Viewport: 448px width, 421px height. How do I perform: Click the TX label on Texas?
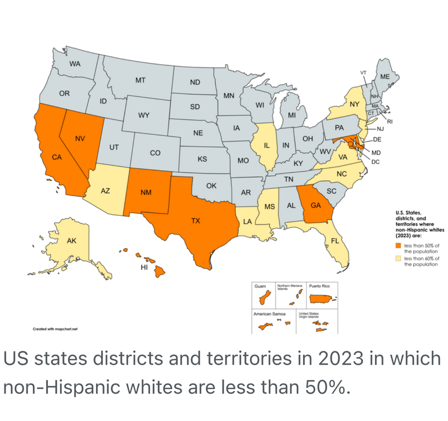click(195, 221)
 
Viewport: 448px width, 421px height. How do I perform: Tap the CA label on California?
click(57, 157)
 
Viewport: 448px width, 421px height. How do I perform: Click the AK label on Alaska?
click(71, 241)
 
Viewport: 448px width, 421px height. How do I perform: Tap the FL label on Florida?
click(335, 241)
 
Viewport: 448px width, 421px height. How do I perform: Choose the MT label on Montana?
click(141, 80)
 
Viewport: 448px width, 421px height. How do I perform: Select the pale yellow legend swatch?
click(399, 258)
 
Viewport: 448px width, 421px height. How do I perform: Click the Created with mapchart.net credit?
click(55, 330)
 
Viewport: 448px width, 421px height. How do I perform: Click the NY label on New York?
click(354, 104)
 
